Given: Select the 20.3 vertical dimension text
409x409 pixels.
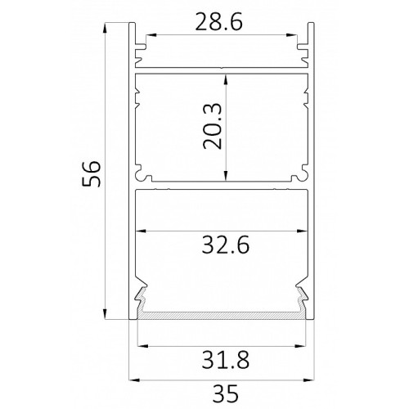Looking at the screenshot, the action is coord(213,126).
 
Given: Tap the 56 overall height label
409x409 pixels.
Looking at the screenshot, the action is coord(92,173).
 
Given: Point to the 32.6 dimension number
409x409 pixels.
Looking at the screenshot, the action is coord(226,245).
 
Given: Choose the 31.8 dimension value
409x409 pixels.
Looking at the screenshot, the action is coord(226,360).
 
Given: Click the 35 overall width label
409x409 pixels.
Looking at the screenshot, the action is coord(226,393).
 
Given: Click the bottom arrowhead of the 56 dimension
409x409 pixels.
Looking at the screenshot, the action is coord(105,314).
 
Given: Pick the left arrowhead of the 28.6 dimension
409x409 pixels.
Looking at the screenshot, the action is coord(151,35).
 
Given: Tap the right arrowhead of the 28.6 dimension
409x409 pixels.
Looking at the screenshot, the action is coord(291,35).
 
